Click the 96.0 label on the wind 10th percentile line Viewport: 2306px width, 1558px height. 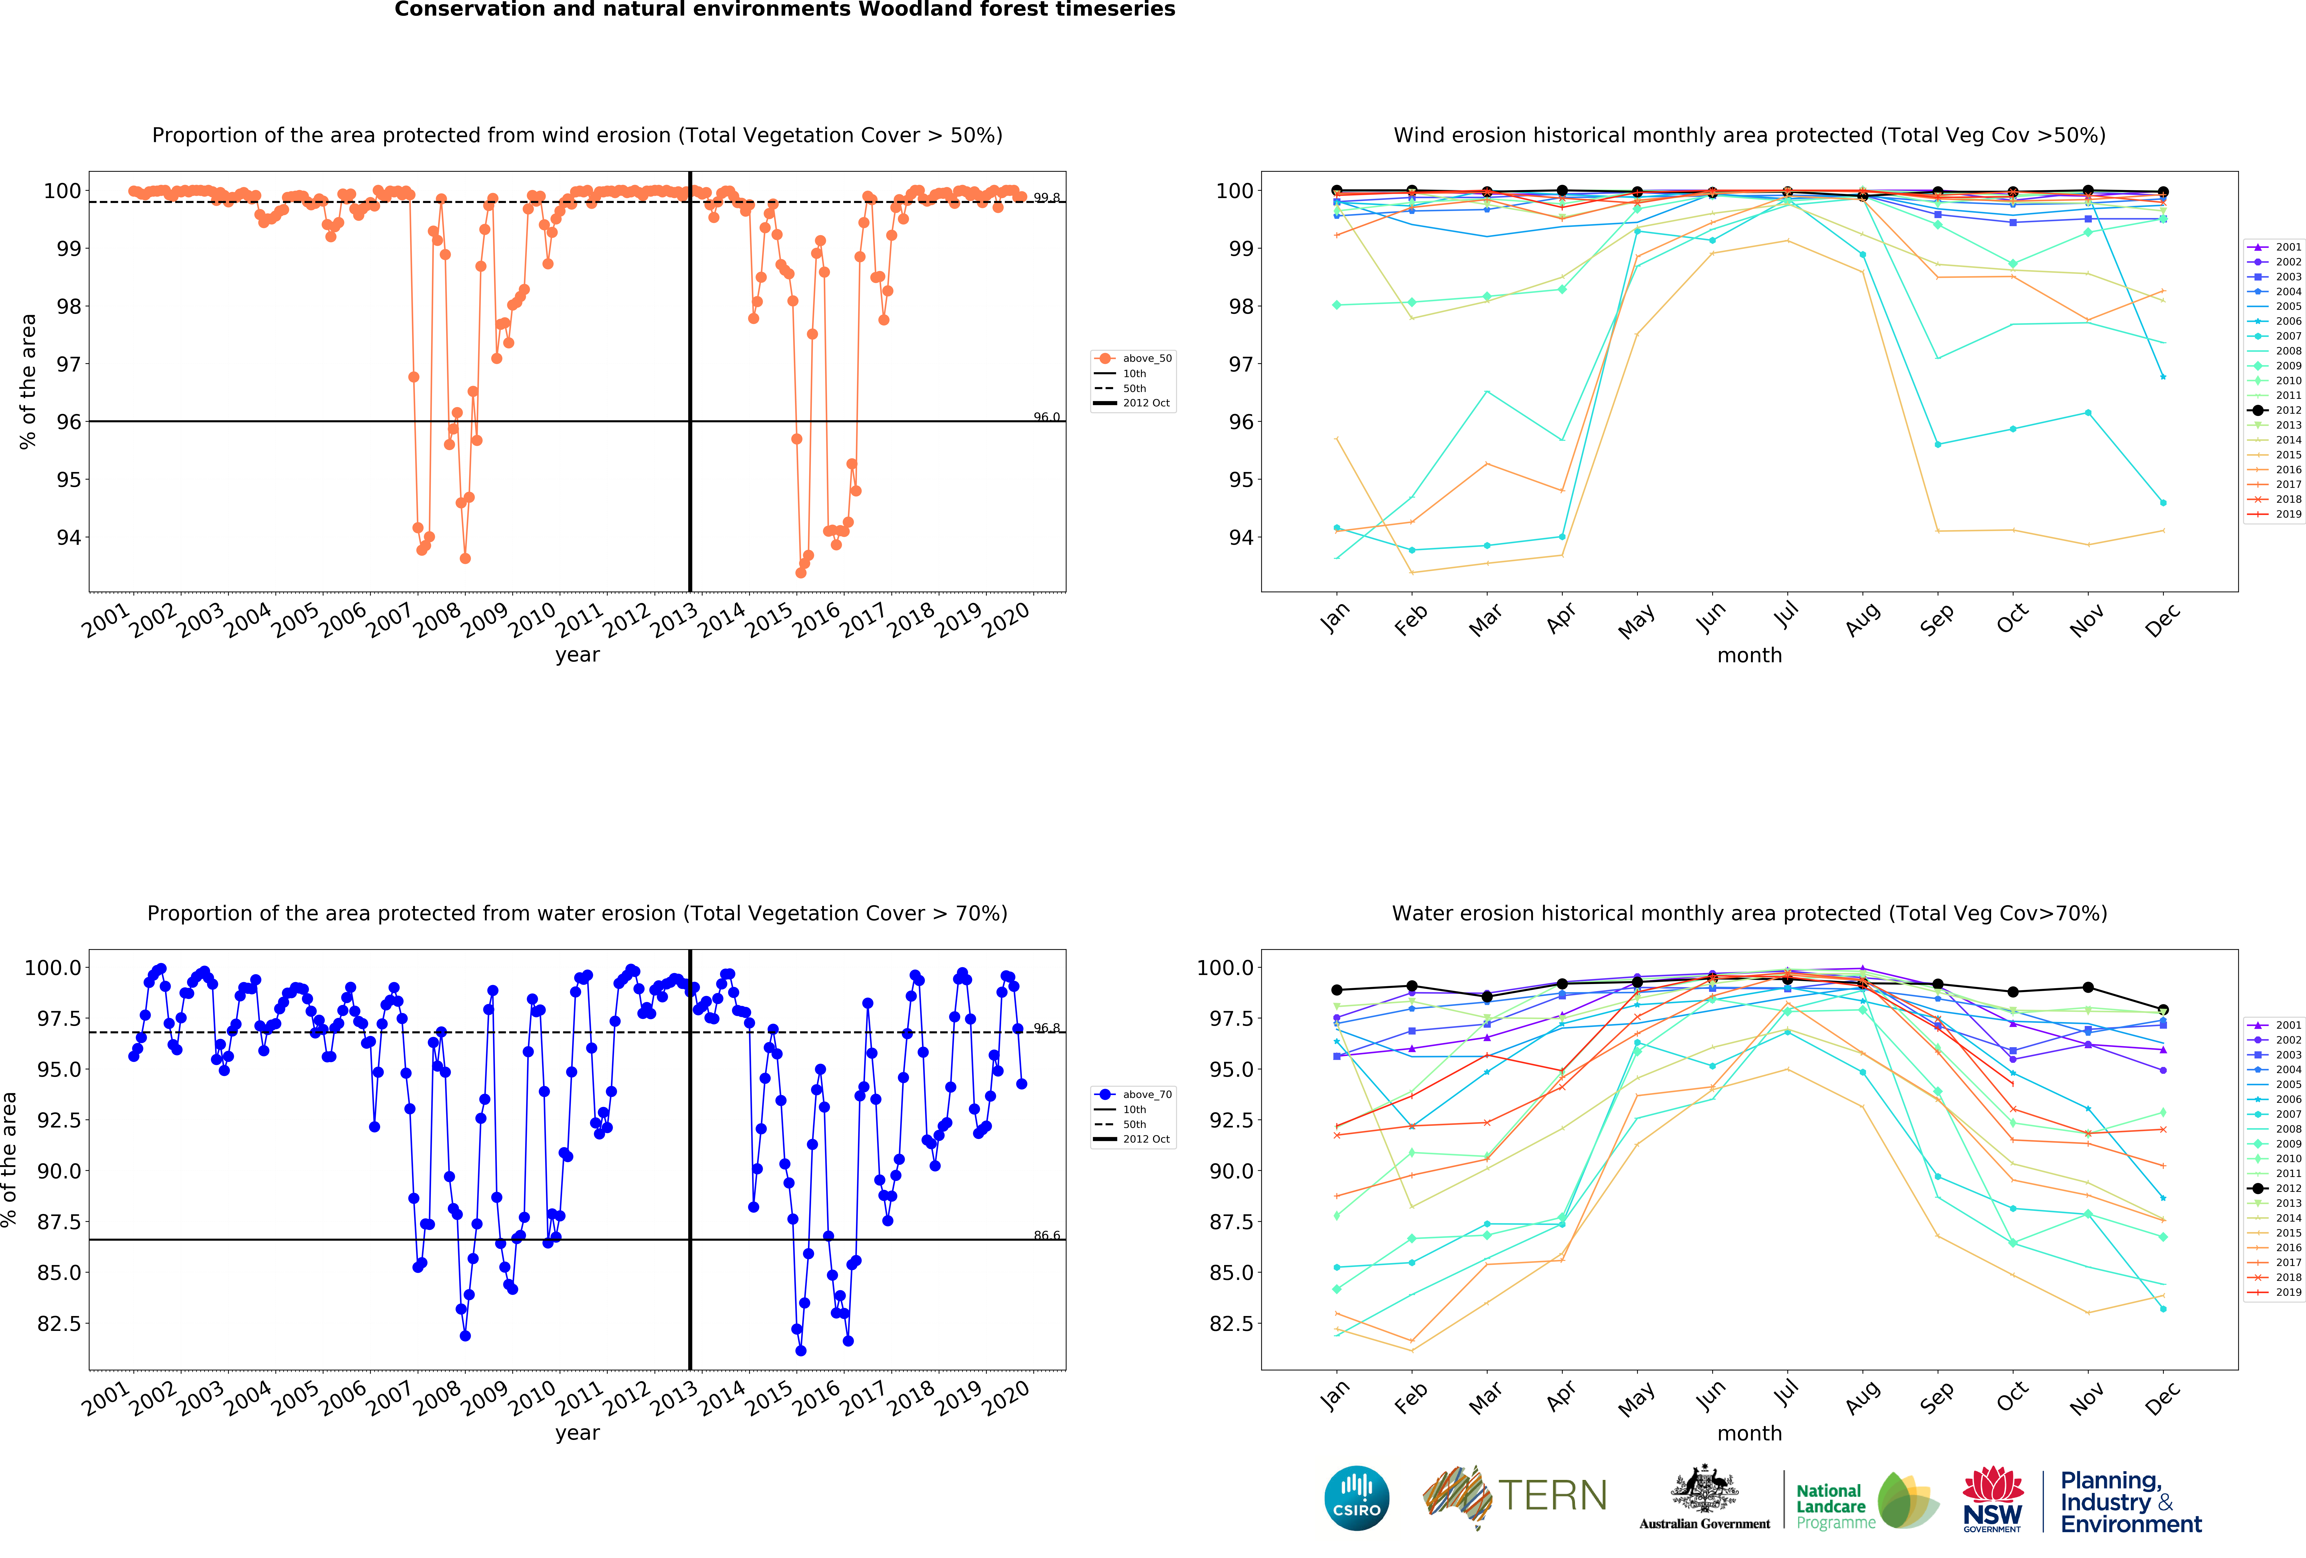[x=1046, y=417]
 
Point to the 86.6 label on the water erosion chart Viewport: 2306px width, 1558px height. [x=1046, y=1236]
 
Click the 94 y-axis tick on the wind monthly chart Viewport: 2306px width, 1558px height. [x=1240, y=538]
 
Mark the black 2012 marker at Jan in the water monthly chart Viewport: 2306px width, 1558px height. [x=1337, y=989]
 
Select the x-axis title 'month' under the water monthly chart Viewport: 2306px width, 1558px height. [x=1749, y=1433]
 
